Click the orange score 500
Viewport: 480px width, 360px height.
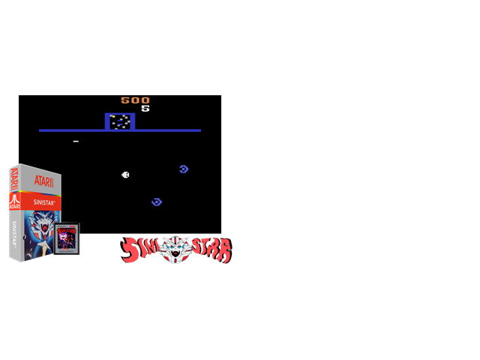135,100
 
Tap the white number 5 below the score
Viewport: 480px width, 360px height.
145,108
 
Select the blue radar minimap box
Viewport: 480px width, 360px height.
120,121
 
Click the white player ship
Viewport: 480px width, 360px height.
125,175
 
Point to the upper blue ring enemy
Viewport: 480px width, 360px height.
184,169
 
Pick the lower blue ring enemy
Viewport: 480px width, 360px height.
157,202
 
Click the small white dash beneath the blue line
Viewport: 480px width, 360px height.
76,142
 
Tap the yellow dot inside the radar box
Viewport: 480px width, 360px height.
112,116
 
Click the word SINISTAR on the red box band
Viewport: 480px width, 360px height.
44,202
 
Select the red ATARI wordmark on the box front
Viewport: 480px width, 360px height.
43,181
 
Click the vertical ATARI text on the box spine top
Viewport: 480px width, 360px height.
14,178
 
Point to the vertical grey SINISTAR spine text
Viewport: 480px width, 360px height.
14,234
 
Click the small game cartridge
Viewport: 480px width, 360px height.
67,238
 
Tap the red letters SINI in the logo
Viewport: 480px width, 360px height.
140,249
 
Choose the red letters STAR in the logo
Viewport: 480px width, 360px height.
211,250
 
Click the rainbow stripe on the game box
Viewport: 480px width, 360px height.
35,192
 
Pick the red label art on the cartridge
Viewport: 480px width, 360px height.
67,238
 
